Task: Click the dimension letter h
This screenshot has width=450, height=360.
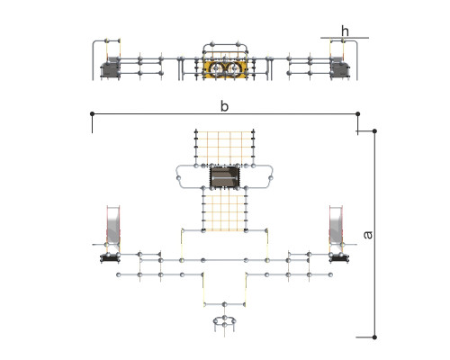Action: (345, 31)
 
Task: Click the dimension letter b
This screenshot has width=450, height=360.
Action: (224, 106)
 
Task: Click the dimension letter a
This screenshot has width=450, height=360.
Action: (368, 235)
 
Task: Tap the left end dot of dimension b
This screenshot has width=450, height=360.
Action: (92, 113)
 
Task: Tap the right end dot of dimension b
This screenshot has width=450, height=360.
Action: (357, 113)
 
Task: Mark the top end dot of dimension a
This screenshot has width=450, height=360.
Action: (374, 131)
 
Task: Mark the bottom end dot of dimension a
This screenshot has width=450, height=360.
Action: (374, 337)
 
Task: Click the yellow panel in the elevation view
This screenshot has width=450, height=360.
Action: (225, 69)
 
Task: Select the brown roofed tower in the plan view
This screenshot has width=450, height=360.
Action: (225, 176)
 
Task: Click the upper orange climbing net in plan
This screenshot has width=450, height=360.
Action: (225, 148)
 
